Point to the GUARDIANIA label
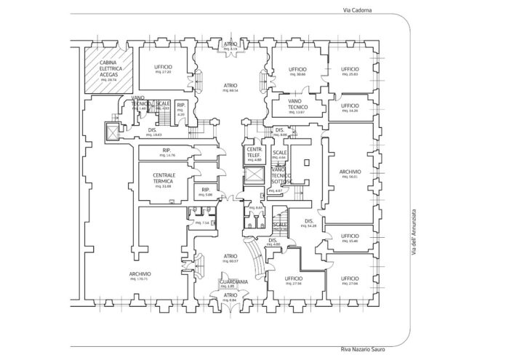[x=231, y=281]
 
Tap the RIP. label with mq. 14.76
[x=170, y=152]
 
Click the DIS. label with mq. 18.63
[x=153, y=132]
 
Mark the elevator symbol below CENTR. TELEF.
[x=254, y=177]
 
